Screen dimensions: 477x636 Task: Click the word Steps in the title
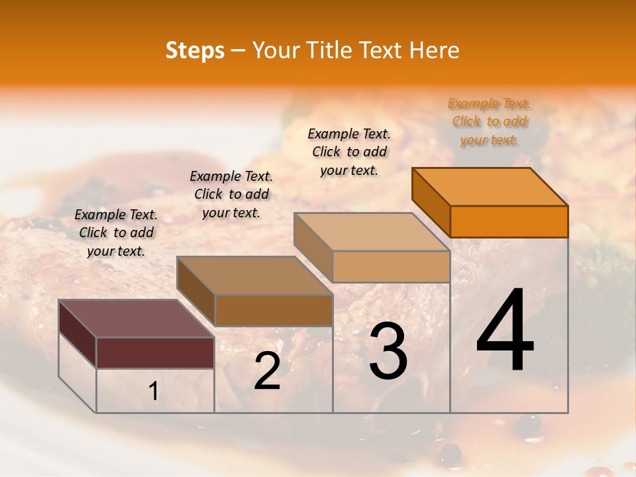195,50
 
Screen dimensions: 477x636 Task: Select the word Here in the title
435,50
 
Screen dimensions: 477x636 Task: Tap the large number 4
505,331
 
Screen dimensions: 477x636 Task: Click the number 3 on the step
388,351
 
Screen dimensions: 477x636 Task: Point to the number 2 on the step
267,372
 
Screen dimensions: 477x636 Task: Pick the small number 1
153,392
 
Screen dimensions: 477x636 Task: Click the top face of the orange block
490,186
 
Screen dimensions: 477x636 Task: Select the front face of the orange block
509,221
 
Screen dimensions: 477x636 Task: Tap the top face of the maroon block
136,318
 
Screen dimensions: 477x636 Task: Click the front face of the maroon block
155,352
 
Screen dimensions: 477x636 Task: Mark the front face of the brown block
273,310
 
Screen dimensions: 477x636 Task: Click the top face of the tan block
372,232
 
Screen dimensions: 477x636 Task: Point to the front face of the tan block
391,266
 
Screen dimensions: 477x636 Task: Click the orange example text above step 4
489,121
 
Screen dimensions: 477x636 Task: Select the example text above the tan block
349,152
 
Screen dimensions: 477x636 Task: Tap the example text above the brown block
231,194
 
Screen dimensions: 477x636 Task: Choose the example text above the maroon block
116,233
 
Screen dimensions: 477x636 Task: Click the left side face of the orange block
431,201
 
